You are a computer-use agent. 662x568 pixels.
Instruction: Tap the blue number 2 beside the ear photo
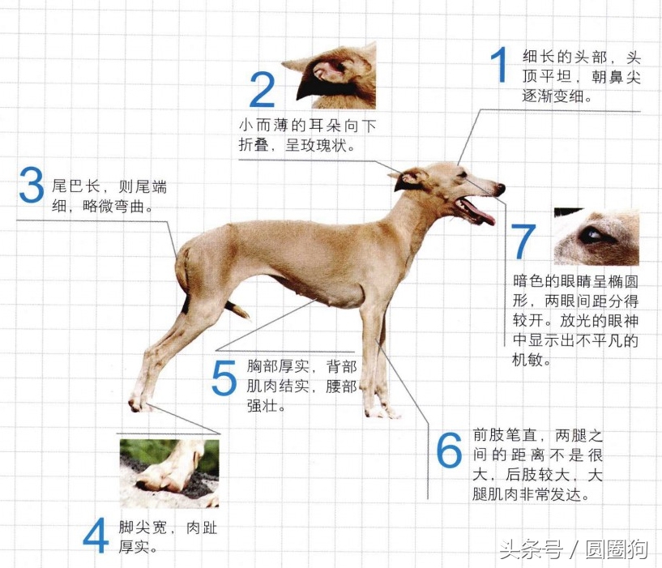click(x=262, y=90)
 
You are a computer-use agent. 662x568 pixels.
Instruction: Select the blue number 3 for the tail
click(x=30, y=186)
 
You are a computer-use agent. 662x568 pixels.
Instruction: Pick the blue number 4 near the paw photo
click(x=96, y=536)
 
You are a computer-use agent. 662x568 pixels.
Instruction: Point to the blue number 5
click(x=224, y=378)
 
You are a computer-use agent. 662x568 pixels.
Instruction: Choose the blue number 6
click(x=449, y=451)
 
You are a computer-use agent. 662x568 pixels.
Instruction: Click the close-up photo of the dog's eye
click(x=596, y=237)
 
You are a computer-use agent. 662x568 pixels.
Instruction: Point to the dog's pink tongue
click(x=480, y=216)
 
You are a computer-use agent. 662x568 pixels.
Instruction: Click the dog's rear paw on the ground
click(x=139, y=403)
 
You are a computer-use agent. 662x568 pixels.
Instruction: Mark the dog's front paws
click(x=381, y=412)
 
